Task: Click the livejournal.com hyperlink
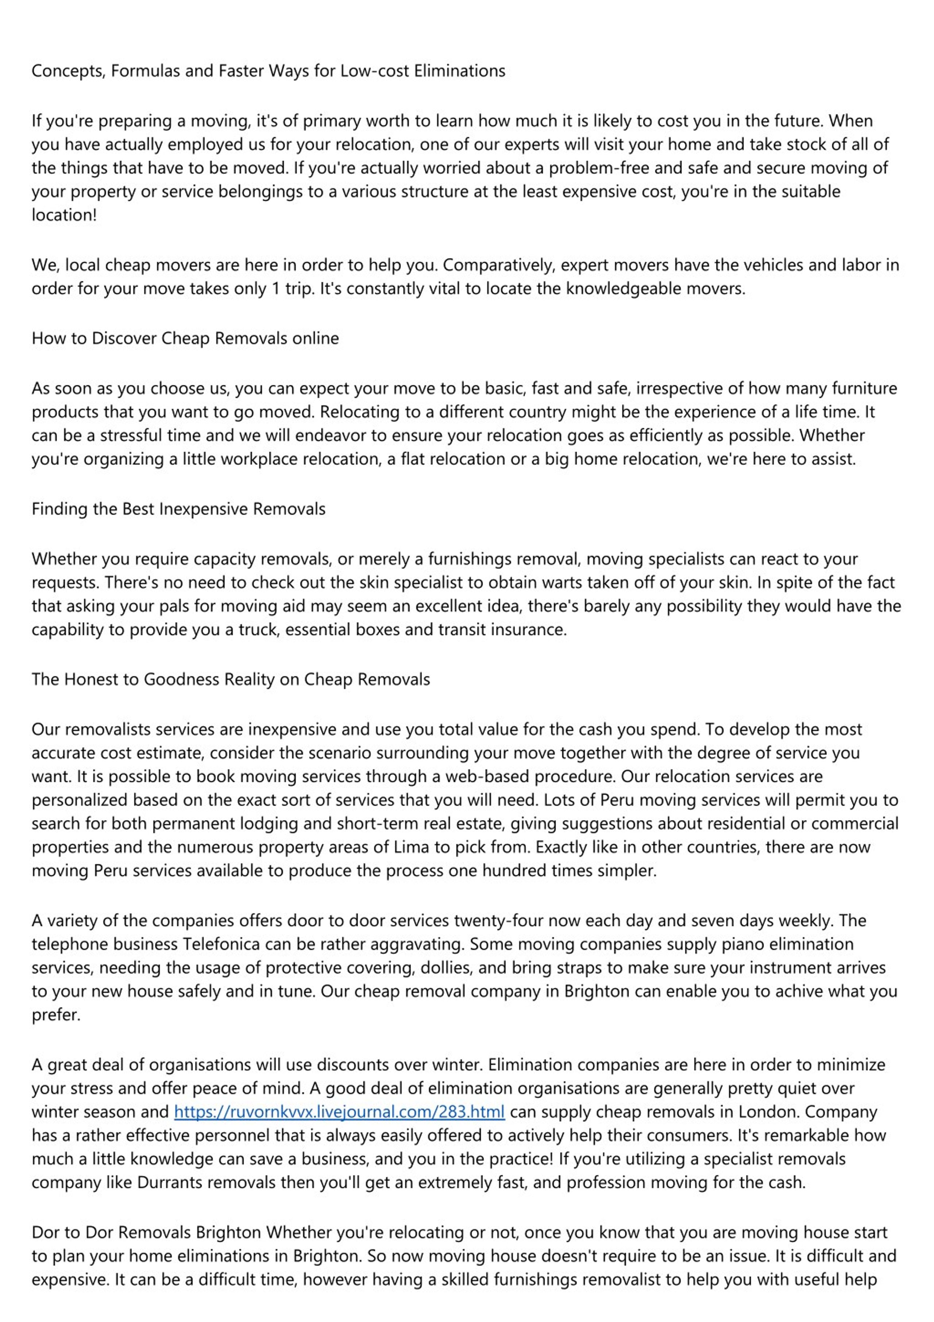339,1111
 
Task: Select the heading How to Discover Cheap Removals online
185,338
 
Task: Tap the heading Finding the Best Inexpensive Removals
178,509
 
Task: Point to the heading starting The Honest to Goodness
230,679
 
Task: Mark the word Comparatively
499,265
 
